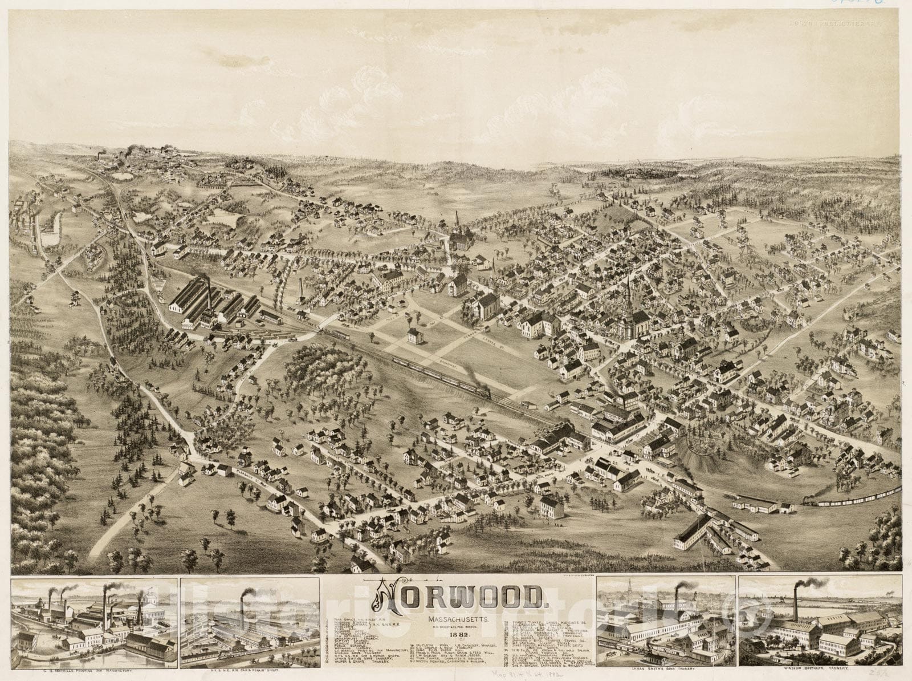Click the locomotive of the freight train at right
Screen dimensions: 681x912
click(x=810, y=500)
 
